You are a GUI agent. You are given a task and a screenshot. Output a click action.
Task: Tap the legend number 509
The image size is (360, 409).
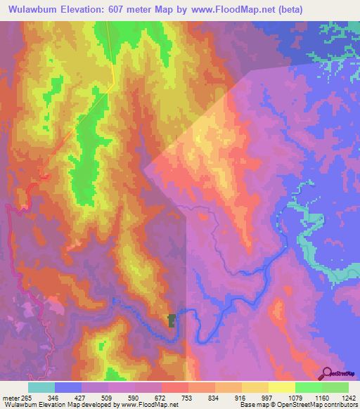tap(109, 397)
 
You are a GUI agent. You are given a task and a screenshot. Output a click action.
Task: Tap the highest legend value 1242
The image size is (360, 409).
tap(349, 397)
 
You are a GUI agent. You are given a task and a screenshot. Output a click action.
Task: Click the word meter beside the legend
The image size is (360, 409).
tap(9, 397)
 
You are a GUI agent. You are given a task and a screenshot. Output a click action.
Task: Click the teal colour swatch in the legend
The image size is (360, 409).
tap(41, 387)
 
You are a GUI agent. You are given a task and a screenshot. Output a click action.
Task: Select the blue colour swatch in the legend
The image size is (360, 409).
tap(67, 387)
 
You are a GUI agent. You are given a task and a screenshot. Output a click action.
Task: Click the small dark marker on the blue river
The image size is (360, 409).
tap(171, 320)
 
